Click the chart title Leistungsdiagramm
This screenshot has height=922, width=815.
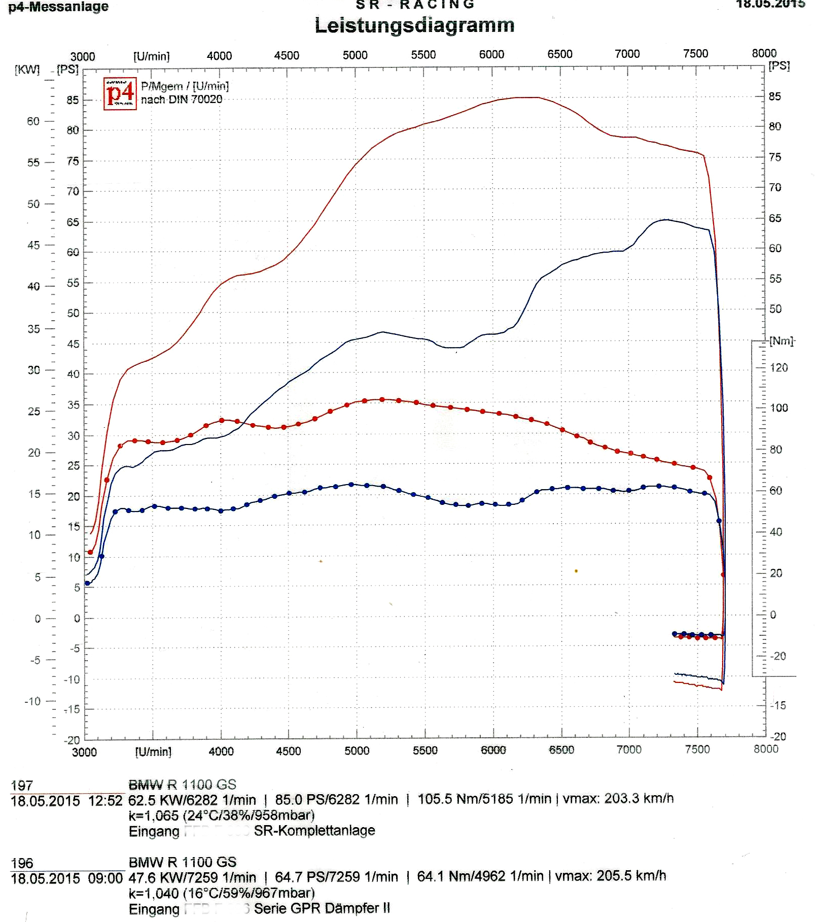pos(414,25)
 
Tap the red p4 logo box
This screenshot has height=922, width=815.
pos(120,93)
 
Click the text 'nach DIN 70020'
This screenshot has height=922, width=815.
pos(182,99)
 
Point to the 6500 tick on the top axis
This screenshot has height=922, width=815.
pos(559,54)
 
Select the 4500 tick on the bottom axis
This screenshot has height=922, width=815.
pos(288,750)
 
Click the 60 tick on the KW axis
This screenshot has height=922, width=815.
pos(33,121)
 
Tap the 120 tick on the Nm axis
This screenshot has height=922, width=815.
pos(778,367)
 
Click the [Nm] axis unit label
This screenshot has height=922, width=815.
pos(782,341)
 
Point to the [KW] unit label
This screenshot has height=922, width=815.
pos(27,70)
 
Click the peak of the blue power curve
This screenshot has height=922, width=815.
pos(666,220)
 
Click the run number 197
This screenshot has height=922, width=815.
pos(22,786)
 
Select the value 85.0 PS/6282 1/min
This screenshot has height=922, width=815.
pos(336,800)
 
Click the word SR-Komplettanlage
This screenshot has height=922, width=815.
pos(314,831)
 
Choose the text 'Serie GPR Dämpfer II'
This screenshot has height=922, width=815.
pos(322,908)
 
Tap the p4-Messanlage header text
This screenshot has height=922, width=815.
pos(58,7)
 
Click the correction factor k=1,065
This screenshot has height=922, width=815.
pos(153,815)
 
